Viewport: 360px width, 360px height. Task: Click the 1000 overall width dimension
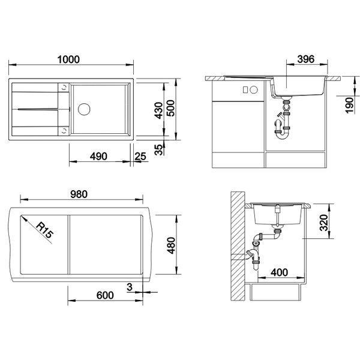coord(68,59)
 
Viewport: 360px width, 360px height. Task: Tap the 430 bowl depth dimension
coord(158,110)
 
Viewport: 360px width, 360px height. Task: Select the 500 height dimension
coord(170,108)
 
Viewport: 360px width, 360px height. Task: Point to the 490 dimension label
coord(98,157)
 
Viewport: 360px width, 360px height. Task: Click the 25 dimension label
coord(140,157)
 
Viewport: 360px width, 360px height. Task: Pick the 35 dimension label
coord(158,149)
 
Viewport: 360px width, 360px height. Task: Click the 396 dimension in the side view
coord(306,59)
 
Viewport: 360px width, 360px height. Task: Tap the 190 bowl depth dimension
coord(349,106)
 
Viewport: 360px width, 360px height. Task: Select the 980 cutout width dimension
coord(79,194)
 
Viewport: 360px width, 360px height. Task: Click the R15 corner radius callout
coord(44,230)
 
